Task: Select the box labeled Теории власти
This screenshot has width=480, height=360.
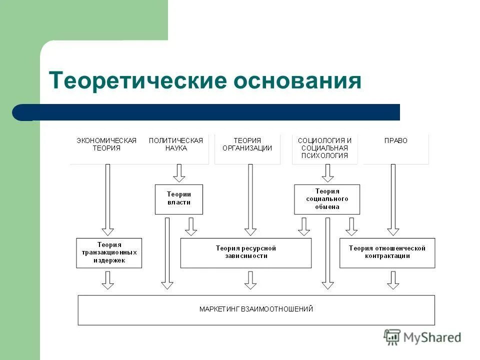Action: tap(178, 198)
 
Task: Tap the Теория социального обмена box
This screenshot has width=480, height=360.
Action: tap(326, 199)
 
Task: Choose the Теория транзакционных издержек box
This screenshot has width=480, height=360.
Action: tap(108, 252)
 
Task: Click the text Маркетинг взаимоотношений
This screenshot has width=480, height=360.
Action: tap(256, 309)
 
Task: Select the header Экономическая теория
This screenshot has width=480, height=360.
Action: tap(106, 144)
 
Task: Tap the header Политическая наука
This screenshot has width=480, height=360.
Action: tap(175, 144)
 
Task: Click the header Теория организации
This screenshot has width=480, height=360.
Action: tap(247, 144)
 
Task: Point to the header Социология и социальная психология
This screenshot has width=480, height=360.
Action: tap(324, 148)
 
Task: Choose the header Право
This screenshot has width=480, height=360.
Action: tap(395, 141)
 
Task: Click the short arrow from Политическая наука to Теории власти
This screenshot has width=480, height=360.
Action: tap(178, 173)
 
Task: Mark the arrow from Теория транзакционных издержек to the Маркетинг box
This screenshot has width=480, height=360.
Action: tap(107, 280)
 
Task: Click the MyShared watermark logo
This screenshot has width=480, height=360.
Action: tap(422, 337)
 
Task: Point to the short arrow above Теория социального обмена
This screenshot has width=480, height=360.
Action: tap(327, 173)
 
